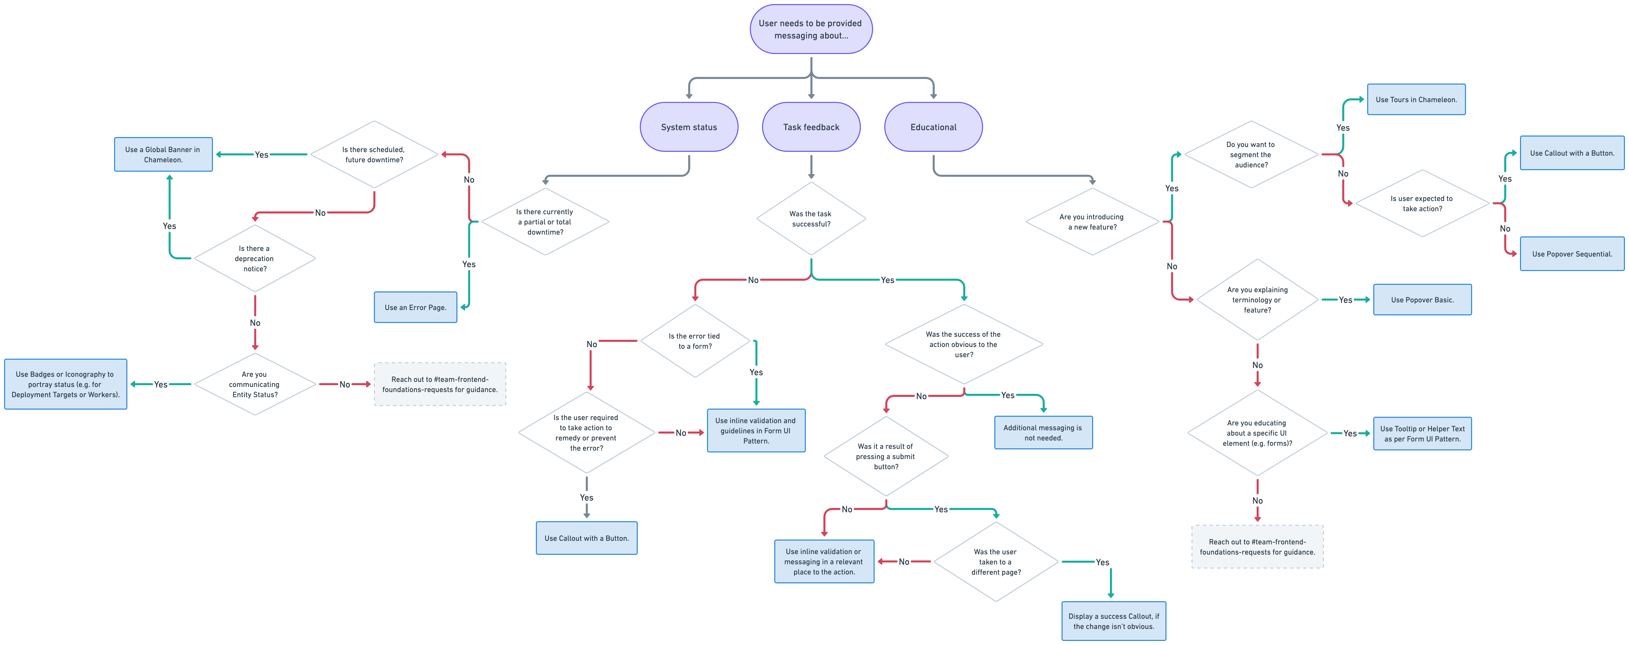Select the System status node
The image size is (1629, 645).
(x=689, y=127)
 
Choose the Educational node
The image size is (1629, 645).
(x=933, y=127)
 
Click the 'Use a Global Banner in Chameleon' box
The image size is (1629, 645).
(x=163, y=154)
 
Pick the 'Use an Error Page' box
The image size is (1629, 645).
(x=415, y=307)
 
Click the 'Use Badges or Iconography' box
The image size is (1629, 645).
(x=66, y=384)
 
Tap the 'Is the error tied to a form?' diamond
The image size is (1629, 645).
(x=695, y=341)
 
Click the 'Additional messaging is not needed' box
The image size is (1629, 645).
(x=1043, y=433)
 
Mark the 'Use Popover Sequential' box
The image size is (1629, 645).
(x=1572, y=253)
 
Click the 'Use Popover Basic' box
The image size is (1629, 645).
(x=1422, y=300)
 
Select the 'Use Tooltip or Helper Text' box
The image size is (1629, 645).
(x=1422, y=434)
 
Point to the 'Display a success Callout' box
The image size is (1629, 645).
(x=1114, y=621)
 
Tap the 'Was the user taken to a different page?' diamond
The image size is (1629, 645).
(x=996, y=561)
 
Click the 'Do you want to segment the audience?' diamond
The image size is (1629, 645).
(x=1251, y=154)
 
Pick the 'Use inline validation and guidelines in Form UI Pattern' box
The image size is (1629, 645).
(x=756, y=431)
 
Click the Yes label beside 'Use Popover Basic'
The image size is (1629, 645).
(x=1346, y=300)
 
